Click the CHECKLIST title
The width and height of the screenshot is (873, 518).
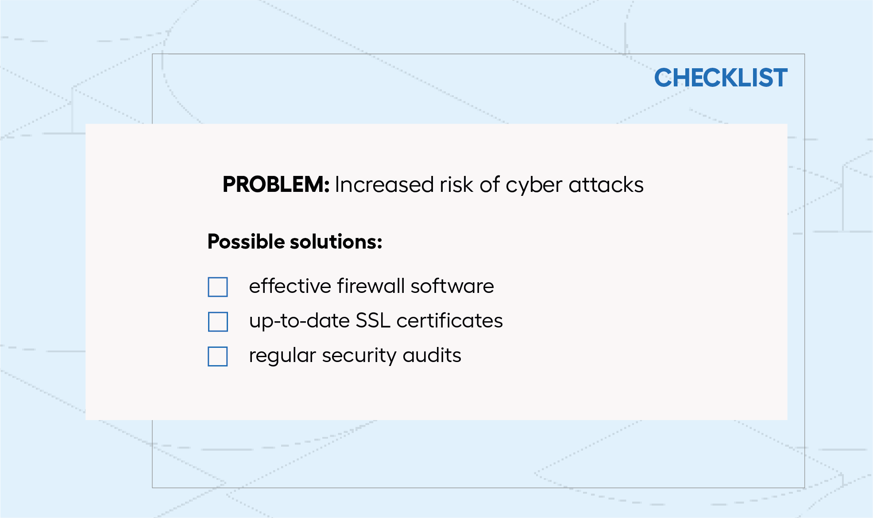click(721, 78)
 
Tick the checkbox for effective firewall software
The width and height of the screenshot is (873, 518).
click(218, 287)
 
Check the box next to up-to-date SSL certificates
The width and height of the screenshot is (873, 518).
click(218, 322)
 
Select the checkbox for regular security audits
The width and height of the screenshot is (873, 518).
click(218, 356)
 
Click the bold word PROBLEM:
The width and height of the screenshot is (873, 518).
click(276, 184)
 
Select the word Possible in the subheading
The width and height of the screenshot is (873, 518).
click(246, 242)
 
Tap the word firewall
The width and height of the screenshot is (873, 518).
click(371, 286)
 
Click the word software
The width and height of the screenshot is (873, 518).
click(452, 286)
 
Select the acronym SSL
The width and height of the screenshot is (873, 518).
click(373, 321)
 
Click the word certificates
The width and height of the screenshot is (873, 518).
click(450, 321)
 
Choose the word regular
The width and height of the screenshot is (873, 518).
click(282, 356)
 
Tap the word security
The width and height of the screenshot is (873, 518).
click(359, 356)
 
